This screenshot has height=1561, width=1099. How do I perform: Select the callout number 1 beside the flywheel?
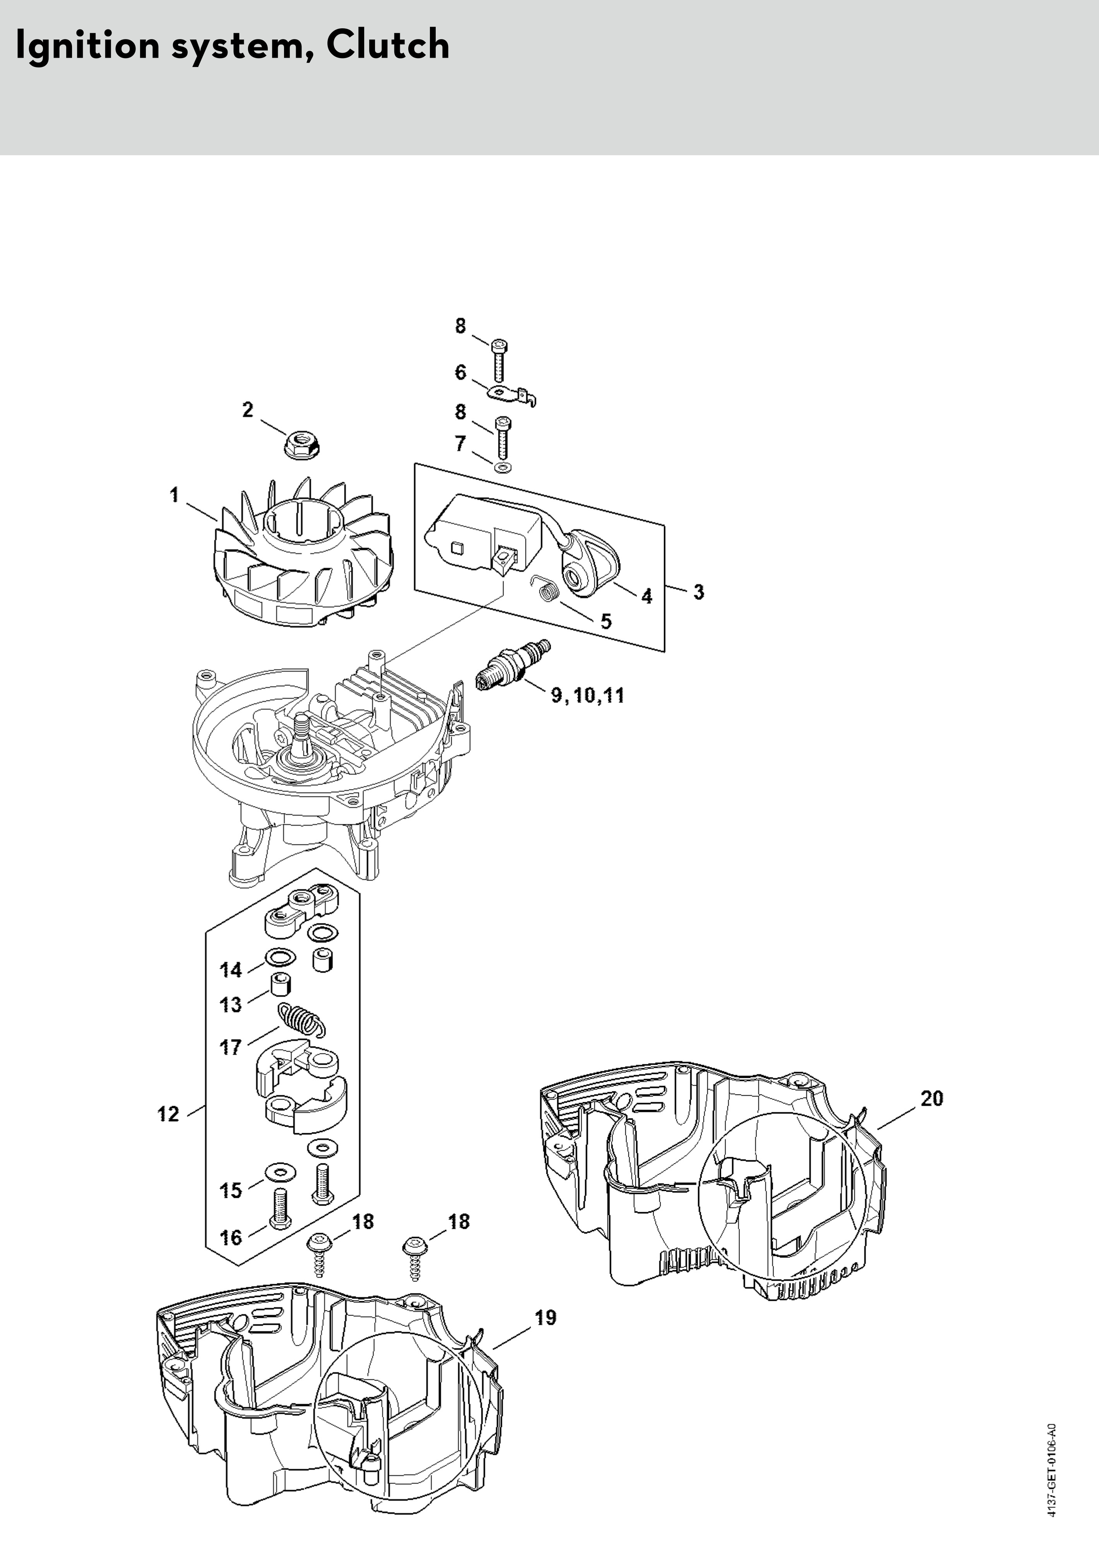point(175,494)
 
